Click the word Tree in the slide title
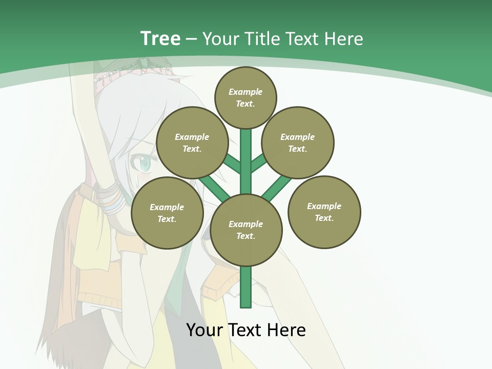[x=160, y=39]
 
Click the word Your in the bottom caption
[x=205, y=330]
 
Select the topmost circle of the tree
[x=245, y=98]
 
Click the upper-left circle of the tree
[x=192, y=143]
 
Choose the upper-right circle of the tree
[x=298, y=143]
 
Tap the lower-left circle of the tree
[x=167, y=213]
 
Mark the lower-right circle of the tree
[x=324, y=212]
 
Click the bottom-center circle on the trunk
[x=246, y=230]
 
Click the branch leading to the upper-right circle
[x=258, y=163]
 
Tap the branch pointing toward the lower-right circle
[x=277, y=187]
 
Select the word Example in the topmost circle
[x=245, y=92]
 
